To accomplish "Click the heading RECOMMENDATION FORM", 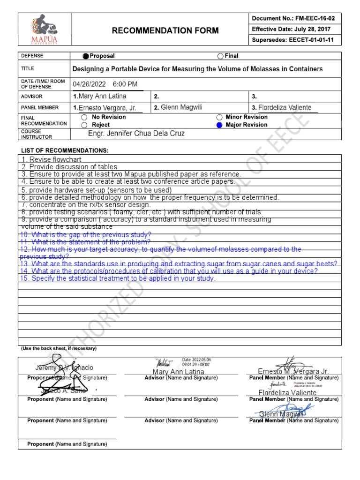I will [x=165, y=31].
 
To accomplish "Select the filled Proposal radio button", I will [x=85, y=56].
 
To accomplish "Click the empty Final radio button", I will [x=220, y=56].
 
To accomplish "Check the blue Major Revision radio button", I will [x=219, y=125].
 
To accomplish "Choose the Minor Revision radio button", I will [x=219, y=117].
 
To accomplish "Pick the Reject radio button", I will [x=84, y=125].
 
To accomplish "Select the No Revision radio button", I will [x=84, y=117].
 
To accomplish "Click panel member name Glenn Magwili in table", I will [x=181, y=108].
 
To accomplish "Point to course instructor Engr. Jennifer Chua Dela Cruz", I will [x=136, y=134].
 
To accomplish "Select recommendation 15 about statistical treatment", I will [x=117, y=278].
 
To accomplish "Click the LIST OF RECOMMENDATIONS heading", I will [x=65, y=150].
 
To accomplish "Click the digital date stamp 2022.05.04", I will [x=196, y=359].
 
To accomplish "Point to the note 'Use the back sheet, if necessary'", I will [x=59, y=349].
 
